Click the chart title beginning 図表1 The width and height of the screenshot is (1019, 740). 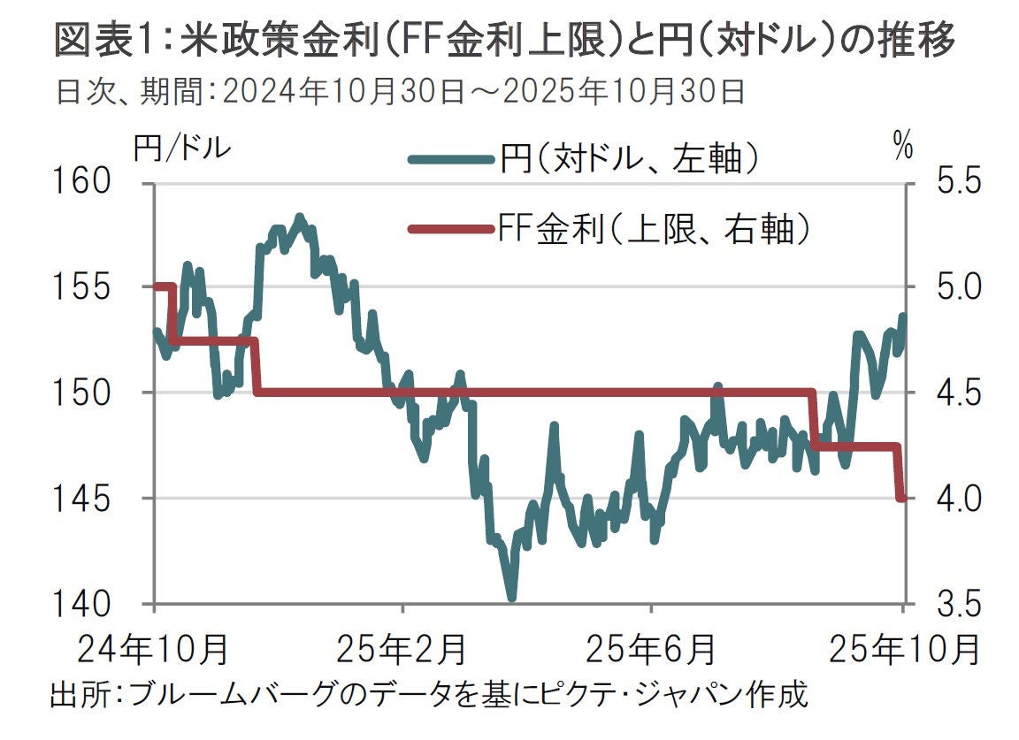[504, 41]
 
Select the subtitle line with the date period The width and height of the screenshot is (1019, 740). [398, 91]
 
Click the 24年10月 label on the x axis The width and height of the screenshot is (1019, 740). [156, 651]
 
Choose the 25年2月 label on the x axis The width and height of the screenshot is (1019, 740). [402, 651]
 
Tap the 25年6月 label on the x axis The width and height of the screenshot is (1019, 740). [651, 651]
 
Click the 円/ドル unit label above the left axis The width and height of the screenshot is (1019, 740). [181, 148]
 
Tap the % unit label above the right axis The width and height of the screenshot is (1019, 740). [902, 148]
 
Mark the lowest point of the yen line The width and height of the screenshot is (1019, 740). [511, 598]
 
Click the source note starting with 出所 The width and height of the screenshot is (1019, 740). [428, 693]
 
